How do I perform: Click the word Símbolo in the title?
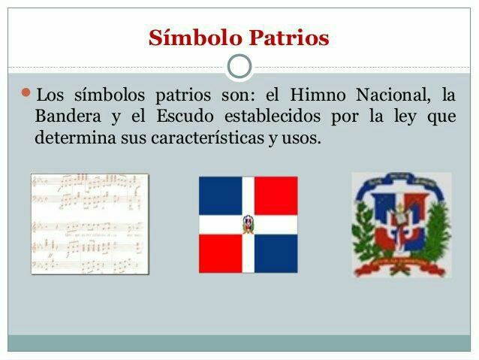click(x=195, y=38)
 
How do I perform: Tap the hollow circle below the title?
click(x=239, y=66)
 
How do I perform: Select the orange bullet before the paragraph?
click(x=26, y=92)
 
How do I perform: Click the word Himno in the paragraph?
click(x=318, y=95)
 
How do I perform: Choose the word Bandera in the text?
click(x=68, y=116)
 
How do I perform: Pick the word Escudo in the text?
click(x=185, y=116)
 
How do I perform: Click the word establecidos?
click(x=273, y=116)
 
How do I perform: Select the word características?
click(x=207, y=138)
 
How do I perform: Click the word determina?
click(x=76, y=138)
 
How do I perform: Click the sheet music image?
click(x=90, y=224)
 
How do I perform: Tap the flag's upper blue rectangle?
click(x=221, y=195)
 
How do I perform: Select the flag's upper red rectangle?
click(x=276, y=195)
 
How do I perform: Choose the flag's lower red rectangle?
click(x=221, y=253)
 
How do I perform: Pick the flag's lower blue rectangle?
click(x=276, y=253)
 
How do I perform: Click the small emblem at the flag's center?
click(x=248, y=225)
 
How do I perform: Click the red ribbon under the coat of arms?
click(x=400, y=265)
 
